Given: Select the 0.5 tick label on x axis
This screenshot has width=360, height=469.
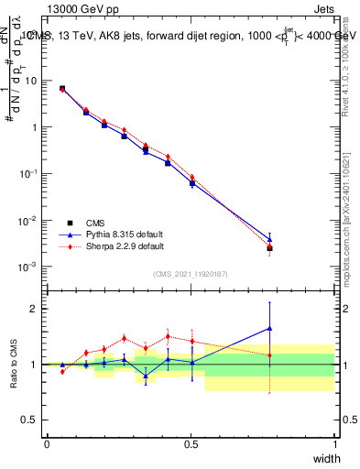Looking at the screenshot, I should [191, 443].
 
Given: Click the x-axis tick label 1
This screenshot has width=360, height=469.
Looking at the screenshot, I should [334, 443].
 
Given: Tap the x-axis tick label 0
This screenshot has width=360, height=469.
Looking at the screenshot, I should [47, 443].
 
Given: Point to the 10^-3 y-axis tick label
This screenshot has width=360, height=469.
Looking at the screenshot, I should [27, 267].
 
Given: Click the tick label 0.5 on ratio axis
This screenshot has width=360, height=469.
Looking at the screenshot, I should [29, 420].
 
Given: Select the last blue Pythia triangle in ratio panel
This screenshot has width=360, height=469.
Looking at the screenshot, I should [269, 328].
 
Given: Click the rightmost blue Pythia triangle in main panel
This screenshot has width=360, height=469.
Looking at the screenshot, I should [269, 239].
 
